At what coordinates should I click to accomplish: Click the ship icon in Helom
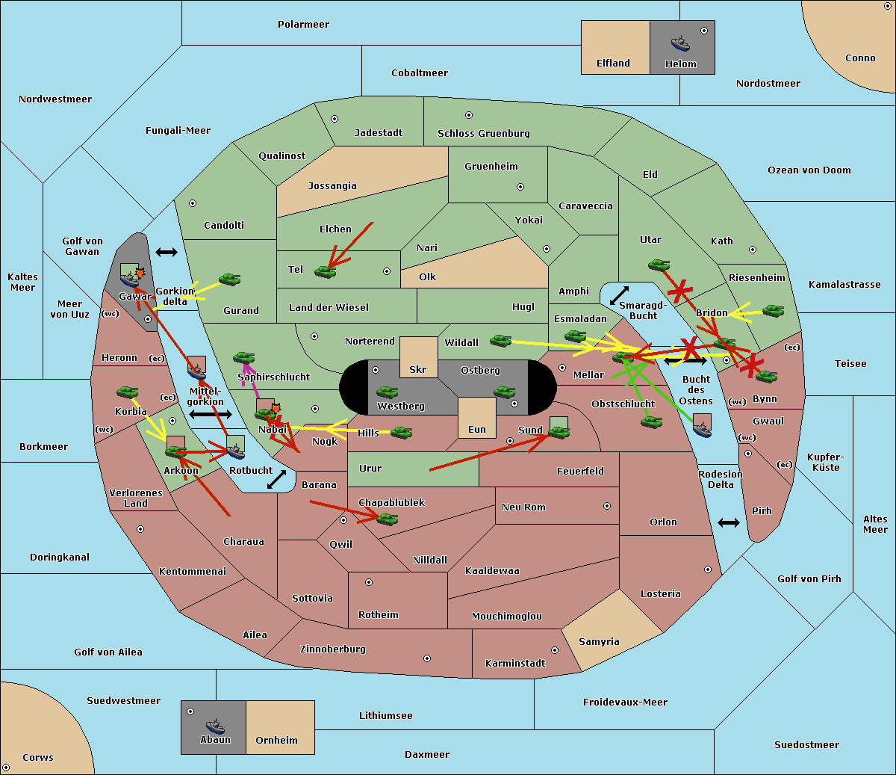tap(680, 43)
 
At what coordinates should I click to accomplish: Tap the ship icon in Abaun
tap(215, 726)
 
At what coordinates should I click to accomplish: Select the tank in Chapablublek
tap(387, 519)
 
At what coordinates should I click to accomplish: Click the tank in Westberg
tap(387, 392)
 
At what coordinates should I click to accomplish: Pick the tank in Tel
tap(325, 271)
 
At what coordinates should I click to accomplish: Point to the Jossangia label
tap(332, 186)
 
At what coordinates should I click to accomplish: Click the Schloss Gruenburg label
tap(484, 133)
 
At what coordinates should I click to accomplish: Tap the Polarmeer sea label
tap(303, 25)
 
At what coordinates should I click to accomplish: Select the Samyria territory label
tap(599, 641)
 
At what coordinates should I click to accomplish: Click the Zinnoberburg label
tap(333, 649)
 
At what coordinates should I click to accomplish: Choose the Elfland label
tap(613, 63)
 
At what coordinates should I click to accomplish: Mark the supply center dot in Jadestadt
tap(335, 119)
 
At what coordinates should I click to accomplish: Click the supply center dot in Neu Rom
tap(607, 506)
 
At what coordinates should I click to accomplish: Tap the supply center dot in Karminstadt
tap(555, 650)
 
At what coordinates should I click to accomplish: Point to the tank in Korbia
tap(128, 392)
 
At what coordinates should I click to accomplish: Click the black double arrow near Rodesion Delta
tap(729, 522)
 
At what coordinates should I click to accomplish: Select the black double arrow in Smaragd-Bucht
tap(619, 295)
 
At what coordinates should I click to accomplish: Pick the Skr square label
tap(418, 369)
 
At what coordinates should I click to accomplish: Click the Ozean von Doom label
tap(809, 170)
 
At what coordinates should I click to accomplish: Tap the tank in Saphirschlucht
tap(243, 357)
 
